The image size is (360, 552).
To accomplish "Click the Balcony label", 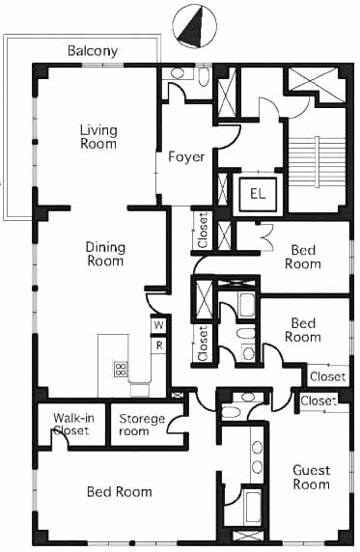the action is click(x=93, y=51).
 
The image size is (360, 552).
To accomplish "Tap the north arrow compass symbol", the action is click(x=194, y=27).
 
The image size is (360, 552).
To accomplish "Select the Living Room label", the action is click(x=98, y=137).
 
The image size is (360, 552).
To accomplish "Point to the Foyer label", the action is click(x=186, y=156).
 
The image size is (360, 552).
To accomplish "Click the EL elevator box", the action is click(x=258, y=193).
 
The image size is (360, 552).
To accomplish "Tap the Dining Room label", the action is click(x=105, y=254).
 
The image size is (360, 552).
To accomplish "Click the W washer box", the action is click(x=158, y=324).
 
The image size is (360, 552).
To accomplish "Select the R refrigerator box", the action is click(x=159, y=345).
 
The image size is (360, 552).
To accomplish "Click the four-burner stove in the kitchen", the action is click(x=120, y=370).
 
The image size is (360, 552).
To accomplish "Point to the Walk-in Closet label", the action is click(x=73, y=425).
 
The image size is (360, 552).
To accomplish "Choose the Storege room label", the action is click(x=142, y=425).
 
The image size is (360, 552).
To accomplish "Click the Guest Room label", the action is click(x=312, y=478).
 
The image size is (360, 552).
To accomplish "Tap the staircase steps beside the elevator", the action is click(x=317, y=161).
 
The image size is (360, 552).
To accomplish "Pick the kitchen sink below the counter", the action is click(x=140, y=390).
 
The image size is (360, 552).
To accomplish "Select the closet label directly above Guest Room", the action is click(x=318, y=401).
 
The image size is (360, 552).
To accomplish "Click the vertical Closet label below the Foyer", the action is click(x=203, y=231).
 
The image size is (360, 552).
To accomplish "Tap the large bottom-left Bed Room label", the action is click(x=120, y=492).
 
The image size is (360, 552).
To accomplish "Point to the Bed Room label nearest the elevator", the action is click(x=303, y=257).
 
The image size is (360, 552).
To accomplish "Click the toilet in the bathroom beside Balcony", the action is click(x=204, y=77).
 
